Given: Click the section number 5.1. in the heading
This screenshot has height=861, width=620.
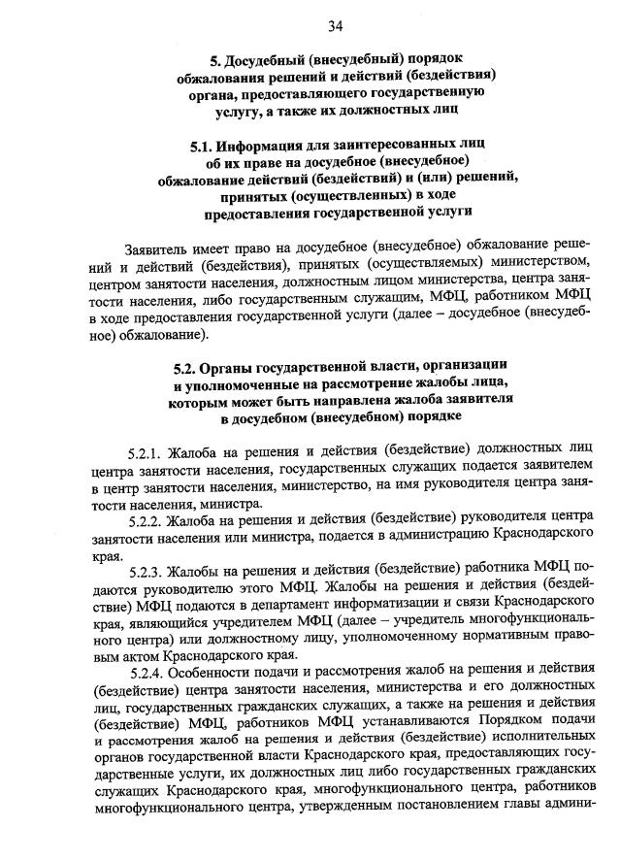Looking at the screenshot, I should [x=206, y=144].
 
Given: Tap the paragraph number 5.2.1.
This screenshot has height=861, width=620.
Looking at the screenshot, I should [x=146, y=452].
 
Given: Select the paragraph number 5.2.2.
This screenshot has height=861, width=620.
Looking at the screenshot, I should [x=146, y=521].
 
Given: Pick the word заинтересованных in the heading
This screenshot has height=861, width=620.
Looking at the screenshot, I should [x=393, y=144].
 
